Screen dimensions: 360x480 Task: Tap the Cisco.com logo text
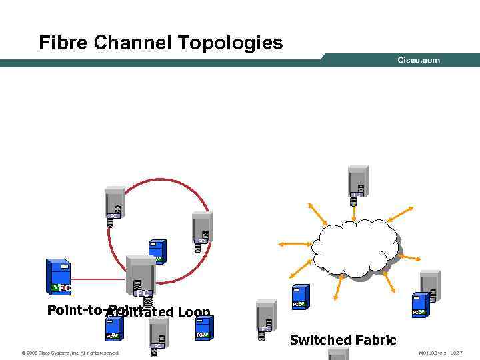pyautogui.click(x=419, y=60)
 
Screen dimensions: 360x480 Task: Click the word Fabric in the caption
pyautogui.click(x=374, y=340)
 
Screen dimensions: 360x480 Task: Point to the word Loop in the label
pyautogui.click(x=195, y=313)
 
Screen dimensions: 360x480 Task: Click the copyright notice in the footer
pyautogui.click(x=70, y=353)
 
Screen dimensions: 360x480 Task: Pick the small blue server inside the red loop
pyautogui.click(x=156, y=251)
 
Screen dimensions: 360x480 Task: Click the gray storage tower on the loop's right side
pyautogui.click(x=201, y=230)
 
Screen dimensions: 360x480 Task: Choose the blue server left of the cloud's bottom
pyautogui.click(x=299, y=296)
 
